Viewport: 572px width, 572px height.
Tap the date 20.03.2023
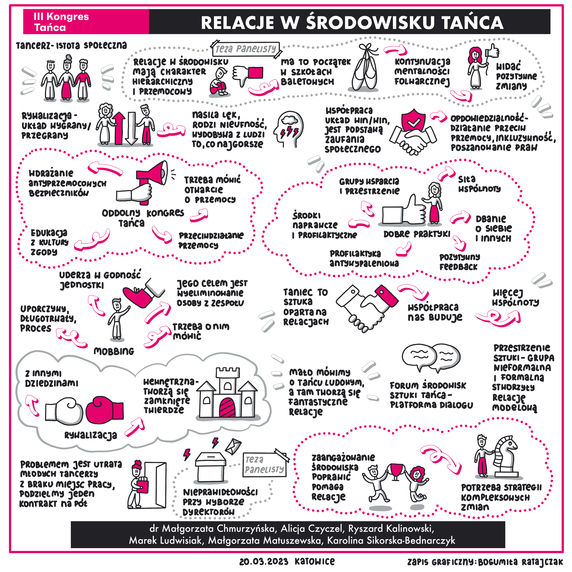tap(263, 562)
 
